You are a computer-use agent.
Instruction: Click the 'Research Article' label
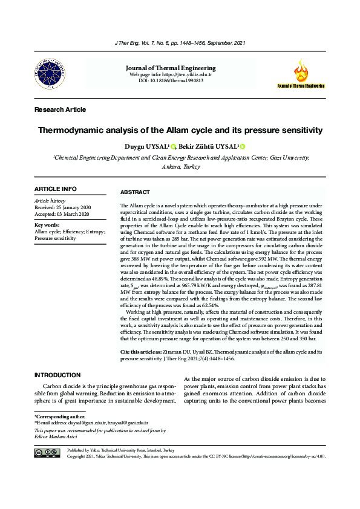pos(60,109)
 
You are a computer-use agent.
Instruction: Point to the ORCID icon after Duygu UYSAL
pos(173,146)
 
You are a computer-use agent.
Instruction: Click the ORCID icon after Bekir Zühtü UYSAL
pos(243,146)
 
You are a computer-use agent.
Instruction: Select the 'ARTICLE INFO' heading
pos(56,189)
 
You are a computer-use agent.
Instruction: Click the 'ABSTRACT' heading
pos(135,192)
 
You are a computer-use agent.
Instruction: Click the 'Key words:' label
pos(47,225)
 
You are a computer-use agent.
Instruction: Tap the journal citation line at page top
pos(180,43)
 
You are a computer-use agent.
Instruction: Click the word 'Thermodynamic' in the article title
pos(71,130)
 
